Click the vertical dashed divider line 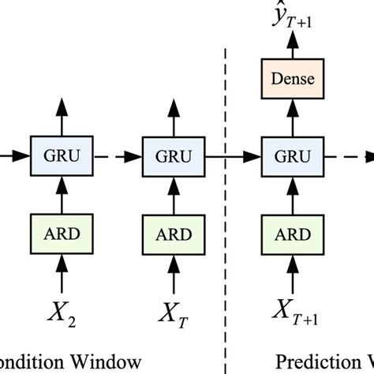[x=226, y=260]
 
